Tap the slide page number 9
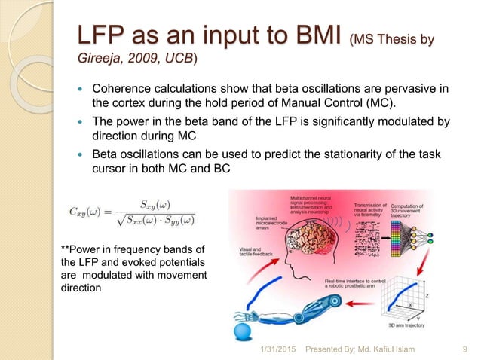pos(462,349)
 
